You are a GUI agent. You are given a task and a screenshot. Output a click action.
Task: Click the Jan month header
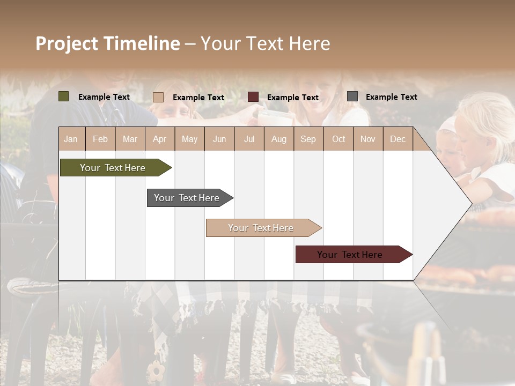tap(71, 139)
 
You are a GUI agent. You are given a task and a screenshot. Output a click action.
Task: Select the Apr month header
tap(159, 139)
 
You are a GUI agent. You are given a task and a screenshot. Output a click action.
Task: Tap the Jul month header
tap(249, 139)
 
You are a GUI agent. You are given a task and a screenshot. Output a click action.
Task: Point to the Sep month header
tap(308, 139)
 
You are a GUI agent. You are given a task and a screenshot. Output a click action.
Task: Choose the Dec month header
tap(398, 139)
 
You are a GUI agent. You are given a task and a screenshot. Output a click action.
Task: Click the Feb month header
tap(100, 139)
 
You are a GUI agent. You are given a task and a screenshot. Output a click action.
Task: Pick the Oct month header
tap(339, 139)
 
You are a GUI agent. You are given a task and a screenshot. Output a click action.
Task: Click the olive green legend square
tap(64, 96)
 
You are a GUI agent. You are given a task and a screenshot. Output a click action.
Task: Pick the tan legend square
tap(158, 97)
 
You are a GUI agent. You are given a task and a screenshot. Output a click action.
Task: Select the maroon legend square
tap(253, 97)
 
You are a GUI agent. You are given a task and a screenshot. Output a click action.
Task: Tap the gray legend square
tap(352, 96)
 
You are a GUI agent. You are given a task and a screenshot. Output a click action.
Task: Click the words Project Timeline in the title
tap(107, 43)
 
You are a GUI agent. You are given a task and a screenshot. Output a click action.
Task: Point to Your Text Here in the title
tap(265, 43)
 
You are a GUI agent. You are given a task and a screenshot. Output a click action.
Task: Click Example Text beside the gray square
tap(391, 96)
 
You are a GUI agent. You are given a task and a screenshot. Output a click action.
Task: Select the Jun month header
tap(219, 139)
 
